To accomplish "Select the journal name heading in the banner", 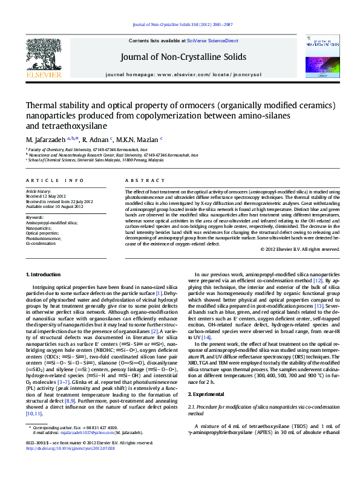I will [x=184, y=57].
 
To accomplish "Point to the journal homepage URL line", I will [x=183, y=74].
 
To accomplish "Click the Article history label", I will [x=39, y=192].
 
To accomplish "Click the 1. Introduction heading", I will [x=45, y=274].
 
